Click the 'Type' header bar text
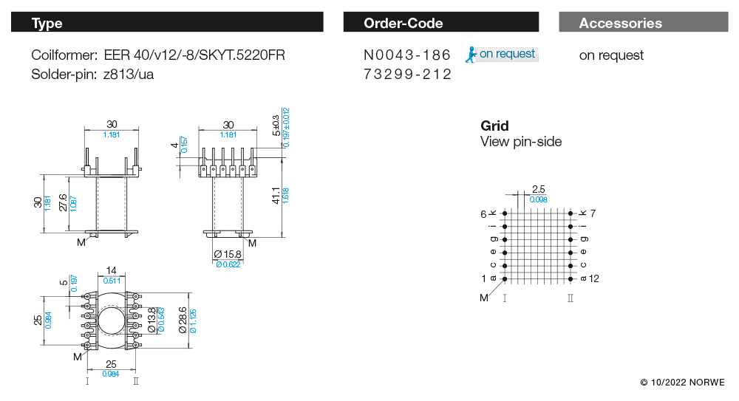click(47, 23)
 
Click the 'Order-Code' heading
click(403, 23)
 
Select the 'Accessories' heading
click(620, 23)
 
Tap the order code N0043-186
click(407, 55)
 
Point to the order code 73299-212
click(407, 75)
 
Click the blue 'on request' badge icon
click(470, 54)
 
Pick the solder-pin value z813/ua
click(129, 75)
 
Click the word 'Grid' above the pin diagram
click(494, 126)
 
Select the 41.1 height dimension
click(276, 195)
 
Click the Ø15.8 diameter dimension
click(228, 255)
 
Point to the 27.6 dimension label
click(63, 202)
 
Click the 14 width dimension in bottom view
click(112, 270)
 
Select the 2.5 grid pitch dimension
click(538, 189)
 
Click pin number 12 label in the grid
click(594, 278)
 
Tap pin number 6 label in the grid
click(484, 213)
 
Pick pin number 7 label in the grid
click(593, 213)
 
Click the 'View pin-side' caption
click(521, 142)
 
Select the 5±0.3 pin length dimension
click(276, 126)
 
